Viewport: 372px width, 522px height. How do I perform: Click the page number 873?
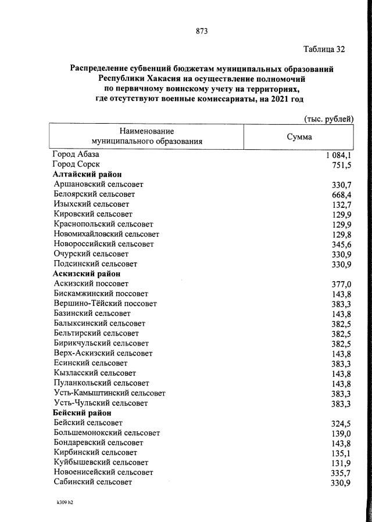[186, 31]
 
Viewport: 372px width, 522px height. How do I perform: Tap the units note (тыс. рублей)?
[328, 119]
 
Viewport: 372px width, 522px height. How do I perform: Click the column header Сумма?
[299, 137]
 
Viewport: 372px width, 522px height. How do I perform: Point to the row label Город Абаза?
[76, 155]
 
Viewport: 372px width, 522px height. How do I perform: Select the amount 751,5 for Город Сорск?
[342, 165]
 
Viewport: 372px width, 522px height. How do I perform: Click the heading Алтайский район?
[87, 174]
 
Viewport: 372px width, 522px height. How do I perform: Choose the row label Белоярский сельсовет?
[94, 195]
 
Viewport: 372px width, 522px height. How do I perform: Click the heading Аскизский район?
[86, 273]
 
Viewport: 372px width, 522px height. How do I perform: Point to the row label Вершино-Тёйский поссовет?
[105, 304]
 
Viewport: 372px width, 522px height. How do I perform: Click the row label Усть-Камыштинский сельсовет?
[109, 393]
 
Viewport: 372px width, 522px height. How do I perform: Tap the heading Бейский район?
[82, 413]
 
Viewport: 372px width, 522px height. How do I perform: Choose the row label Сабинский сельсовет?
[92, 482]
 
